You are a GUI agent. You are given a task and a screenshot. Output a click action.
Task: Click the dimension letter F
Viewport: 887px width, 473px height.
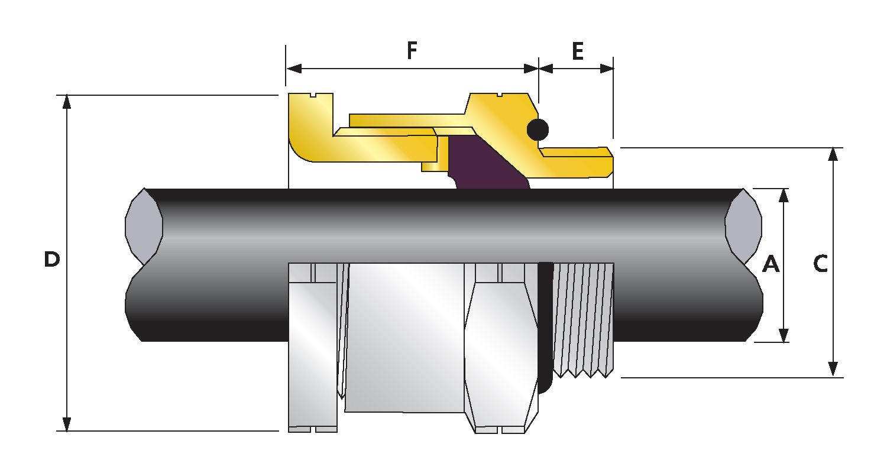click(x=412, y=51)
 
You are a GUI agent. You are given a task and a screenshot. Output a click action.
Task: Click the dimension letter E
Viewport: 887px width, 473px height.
click(x=577, y=52)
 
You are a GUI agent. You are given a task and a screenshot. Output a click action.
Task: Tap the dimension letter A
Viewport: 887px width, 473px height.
click(x=771, y=264)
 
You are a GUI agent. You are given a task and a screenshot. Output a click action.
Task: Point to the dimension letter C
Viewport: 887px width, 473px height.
click(x=820, y=264)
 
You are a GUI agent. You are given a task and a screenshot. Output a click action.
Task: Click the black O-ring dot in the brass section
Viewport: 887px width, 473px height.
click(x=538, y=129)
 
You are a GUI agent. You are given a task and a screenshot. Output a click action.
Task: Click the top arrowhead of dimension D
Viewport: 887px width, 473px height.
click(x=67, y=102)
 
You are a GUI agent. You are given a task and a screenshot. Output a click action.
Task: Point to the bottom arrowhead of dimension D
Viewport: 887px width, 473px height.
click(x=67, y=424)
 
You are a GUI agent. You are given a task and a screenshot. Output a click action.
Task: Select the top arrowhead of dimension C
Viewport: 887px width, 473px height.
click(x=833, y=154)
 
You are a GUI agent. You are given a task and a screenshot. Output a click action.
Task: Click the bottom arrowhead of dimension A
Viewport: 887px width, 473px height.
click(x=784, y=335)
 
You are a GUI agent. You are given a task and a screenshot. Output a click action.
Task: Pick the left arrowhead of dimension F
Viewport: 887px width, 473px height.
click(x=294, y=69)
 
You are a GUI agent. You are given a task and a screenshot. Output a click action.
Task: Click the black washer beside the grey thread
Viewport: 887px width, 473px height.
click(x=545, y=325)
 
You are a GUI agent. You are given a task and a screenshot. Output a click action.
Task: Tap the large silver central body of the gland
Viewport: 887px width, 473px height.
click(x=405, y=337)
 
